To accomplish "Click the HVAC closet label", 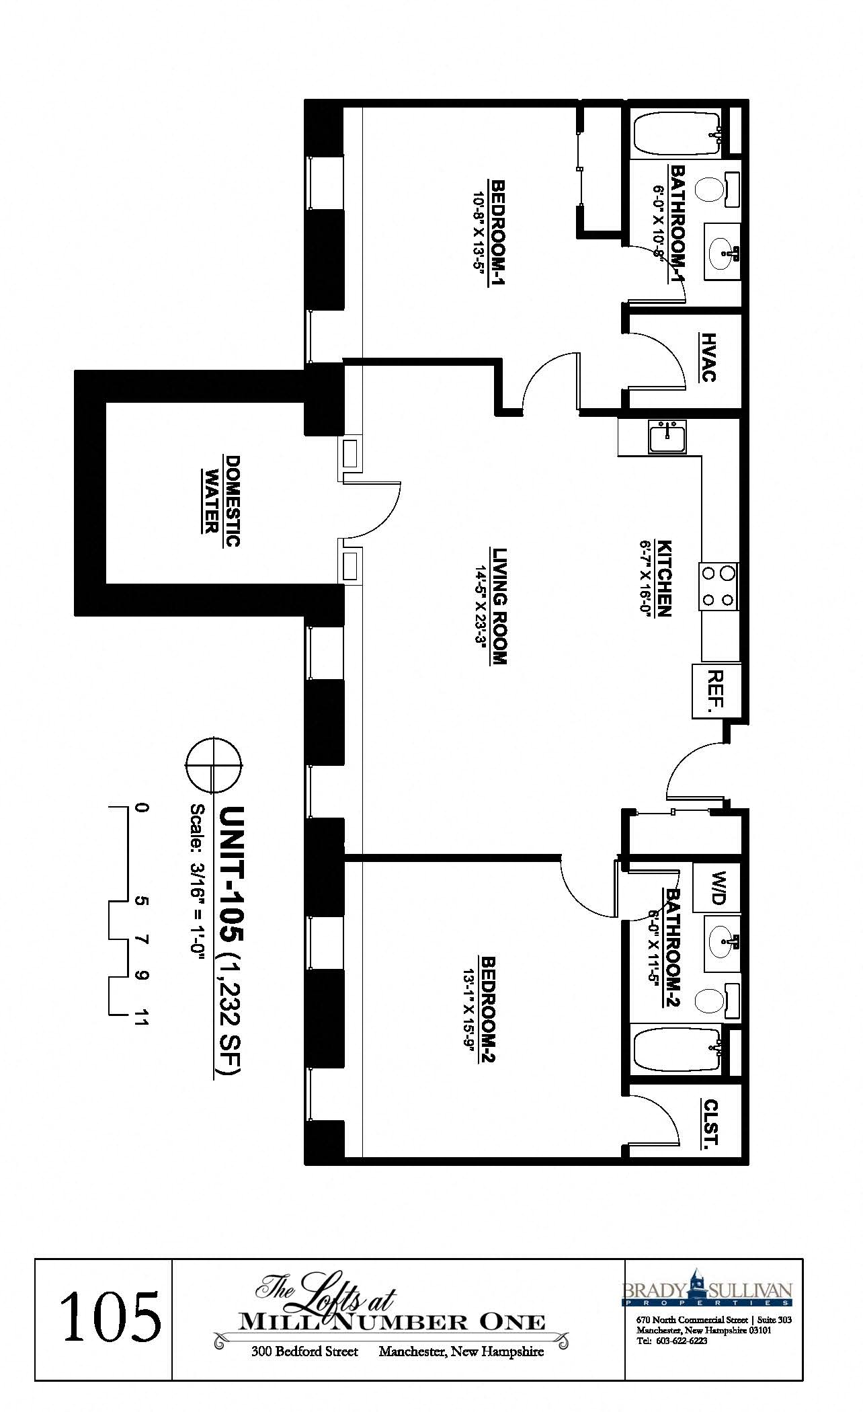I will coord(708,357).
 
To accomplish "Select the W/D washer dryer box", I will coord(716,888).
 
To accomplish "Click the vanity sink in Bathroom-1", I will coord(722,253).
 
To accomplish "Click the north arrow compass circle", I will coord(214,765).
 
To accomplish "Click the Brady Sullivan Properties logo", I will coord(707,1292).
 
